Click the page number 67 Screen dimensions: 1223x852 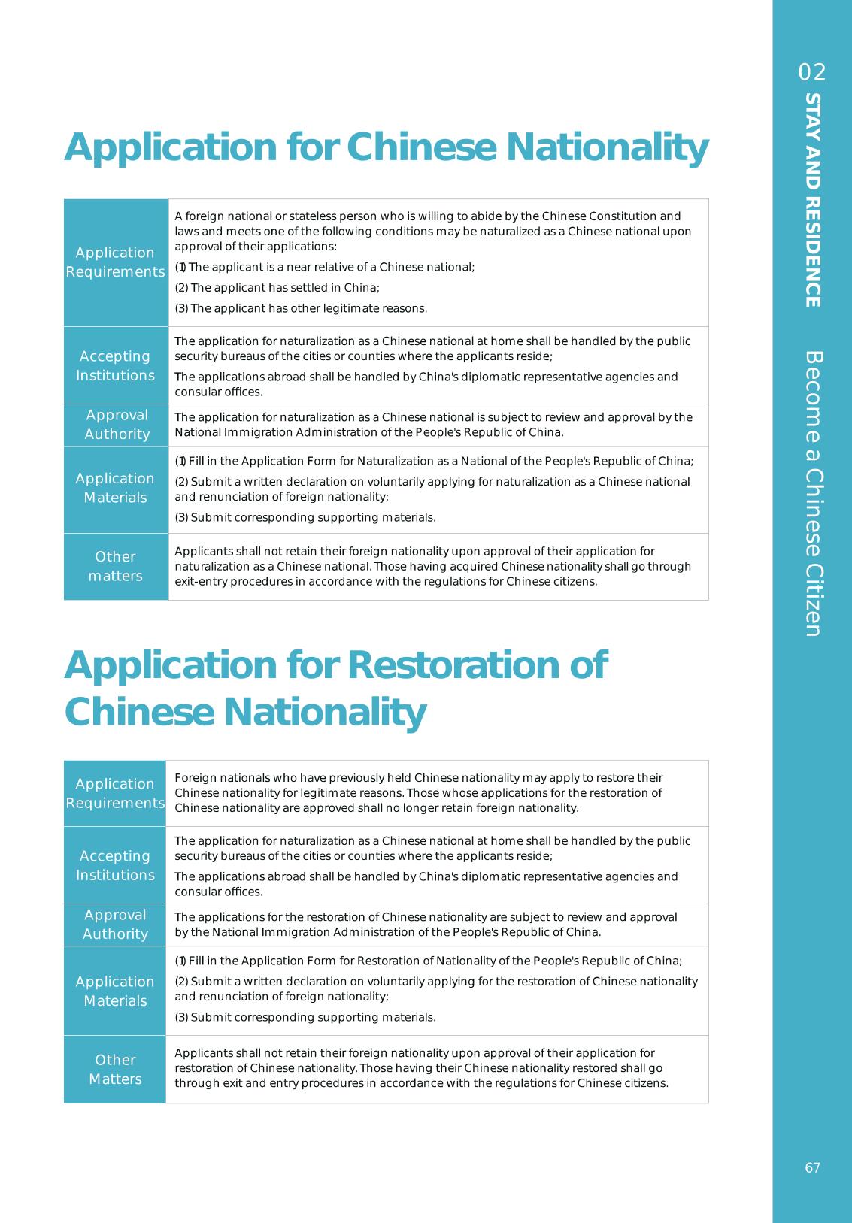[x=812, y=1167]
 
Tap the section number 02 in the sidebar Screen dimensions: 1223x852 [x=812, y=72]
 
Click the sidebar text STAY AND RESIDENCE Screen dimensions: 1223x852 [x=812, y=200]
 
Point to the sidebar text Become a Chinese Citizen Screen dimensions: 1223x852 [x=812, y=493]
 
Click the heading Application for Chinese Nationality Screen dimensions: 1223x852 [x=386, y=147]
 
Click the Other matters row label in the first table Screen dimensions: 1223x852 [x=115, y=566]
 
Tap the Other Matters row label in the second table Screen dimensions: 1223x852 [x=115, y=1069]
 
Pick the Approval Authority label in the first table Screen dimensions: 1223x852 [x=117, y=425]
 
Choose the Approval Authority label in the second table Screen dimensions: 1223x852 [x=115, y=925]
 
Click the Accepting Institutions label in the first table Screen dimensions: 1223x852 [x=115, y=365]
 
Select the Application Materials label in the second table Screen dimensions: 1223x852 [x=115, y=991]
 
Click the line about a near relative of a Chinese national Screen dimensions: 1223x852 [x=324, y=267]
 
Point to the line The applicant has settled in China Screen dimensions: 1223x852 [x=277, y=288]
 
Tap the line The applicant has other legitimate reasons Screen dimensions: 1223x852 [x=301, y=308]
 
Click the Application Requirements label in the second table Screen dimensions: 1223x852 [x=115, y=793]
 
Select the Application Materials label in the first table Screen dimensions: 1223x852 [x=115, y=488]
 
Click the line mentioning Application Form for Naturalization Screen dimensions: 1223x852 [x=434, y=462]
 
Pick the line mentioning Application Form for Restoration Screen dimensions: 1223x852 [x=428, y=961]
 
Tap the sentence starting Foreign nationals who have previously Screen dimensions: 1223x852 [x=418, y=778]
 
